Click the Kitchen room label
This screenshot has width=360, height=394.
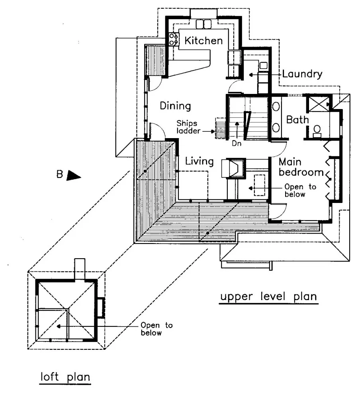point(203,41)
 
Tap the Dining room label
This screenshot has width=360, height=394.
point(176,106)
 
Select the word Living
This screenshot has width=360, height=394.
point(200,161)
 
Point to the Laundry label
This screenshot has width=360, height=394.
point(302,74)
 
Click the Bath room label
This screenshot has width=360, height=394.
point(297,120)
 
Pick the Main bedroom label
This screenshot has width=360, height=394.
point(301,167)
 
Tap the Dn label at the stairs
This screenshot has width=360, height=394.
point(237,143)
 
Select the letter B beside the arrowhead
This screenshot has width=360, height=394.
point(60,174)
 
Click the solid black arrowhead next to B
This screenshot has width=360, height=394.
point(73,176)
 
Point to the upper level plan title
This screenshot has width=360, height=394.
point(268,297)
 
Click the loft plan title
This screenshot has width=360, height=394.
point(65,377)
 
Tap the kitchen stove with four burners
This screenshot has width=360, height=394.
point(173,39)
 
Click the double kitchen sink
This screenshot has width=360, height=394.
point(203,24)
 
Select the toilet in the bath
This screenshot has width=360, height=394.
point(317,131)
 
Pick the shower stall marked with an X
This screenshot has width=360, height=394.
point(319,104)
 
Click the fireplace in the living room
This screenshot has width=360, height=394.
point(233,168)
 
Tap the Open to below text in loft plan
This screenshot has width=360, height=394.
point(157,329)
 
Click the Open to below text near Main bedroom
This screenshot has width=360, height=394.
point(300,191)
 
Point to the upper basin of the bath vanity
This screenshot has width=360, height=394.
point(276,106)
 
